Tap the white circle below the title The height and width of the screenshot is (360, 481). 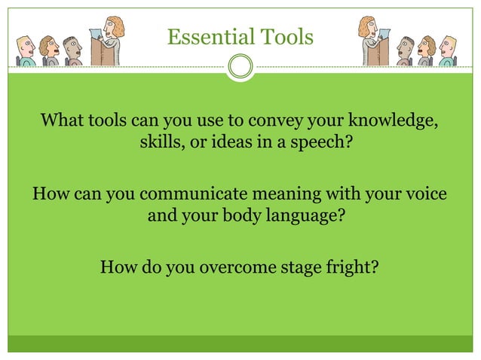[240, 67]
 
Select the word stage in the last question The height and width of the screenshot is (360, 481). [302, 267]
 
